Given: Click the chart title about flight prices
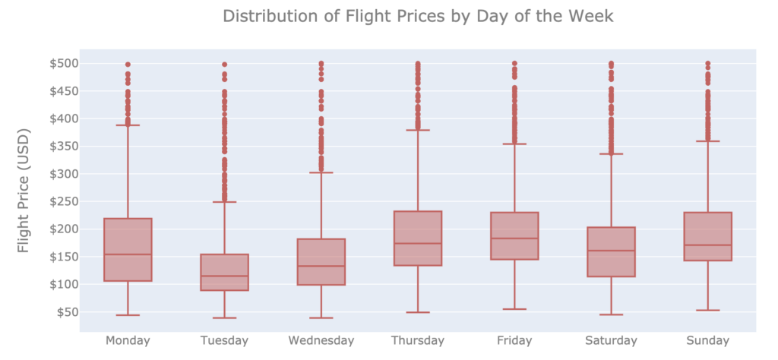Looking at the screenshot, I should [418, 16].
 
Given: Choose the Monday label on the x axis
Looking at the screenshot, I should [128, 340].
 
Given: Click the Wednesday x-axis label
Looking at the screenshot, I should [321, 340].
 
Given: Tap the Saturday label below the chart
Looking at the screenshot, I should [611, 340].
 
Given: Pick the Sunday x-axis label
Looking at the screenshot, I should [707, 340].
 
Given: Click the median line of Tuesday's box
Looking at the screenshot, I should [224, 276].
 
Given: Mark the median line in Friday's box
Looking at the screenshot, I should [514, 238].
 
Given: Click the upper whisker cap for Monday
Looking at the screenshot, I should [128, 125].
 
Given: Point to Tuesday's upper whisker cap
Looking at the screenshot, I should [224, 202].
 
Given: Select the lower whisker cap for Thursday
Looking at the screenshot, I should [417, 312].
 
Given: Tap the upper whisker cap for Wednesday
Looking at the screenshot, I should [321, 172].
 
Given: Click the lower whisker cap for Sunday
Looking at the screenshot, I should [707, 310].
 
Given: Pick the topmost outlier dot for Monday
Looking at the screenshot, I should [128, 65].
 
